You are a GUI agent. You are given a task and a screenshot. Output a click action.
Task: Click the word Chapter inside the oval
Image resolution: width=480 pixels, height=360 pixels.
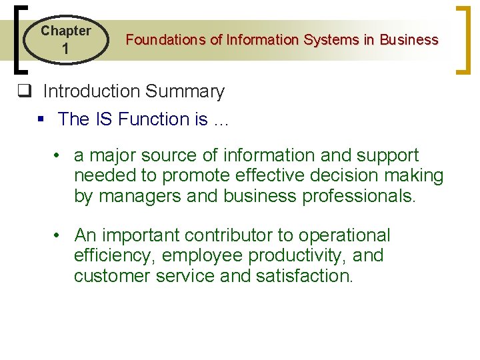pyautogui.click(x=65, y=31)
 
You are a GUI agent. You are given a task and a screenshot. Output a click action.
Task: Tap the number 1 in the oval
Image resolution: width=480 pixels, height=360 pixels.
pyautogui.click(x=65, y=49)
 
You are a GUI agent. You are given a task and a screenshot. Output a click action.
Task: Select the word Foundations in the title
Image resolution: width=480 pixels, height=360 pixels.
pyautogui.click(x=165, y=40)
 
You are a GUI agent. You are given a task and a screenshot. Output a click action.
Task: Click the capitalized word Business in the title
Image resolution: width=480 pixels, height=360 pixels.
pyautogui.click(x=409, y=40)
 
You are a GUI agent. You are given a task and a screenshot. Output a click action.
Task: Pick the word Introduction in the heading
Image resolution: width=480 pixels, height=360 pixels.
pyautogui.click(x=93, y=91)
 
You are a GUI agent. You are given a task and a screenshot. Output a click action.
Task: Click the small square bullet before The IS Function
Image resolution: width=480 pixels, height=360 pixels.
pyautogui.click(x=41, y=119)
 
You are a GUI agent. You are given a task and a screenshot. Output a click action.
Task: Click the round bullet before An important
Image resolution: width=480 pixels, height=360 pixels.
pyautogui.click(x=59, y=235)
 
